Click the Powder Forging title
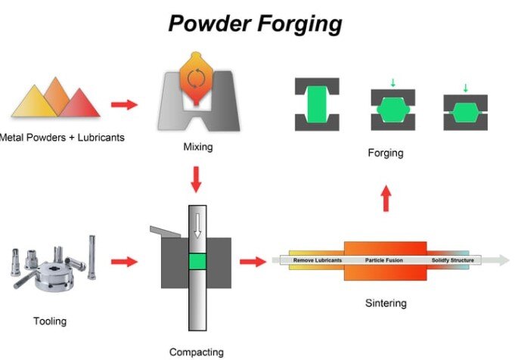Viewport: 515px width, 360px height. coord(256,23)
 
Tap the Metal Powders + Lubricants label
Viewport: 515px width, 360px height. coord(62,138)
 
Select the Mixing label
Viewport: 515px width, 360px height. coord(198,147)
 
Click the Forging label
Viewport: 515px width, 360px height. coord(385,153)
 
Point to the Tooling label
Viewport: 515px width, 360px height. coord(50,321)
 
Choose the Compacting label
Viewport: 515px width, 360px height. coord(197,352)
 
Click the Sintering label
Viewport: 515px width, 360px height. coord(385,303)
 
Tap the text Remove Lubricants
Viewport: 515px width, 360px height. coord(317,261)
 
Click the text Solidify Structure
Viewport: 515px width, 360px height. coord(452,261)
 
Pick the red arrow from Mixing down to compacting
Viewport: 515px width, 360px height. coord(197,178)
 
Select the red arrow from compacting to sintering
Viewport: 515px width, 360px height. coord(252,262)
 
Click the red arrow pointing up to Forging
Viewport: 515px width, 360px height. coord(385,200)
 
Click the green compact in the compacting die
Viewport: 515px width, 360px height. coord(197,262)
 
